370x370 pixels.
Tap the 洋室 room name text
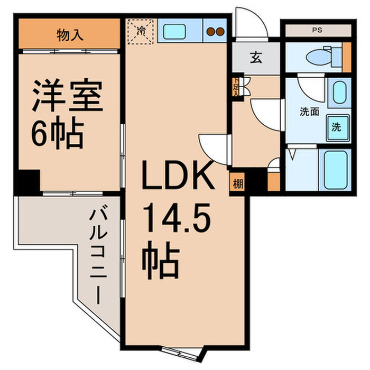(68, 95)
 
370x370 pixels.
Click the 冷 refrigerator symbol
(141, 31)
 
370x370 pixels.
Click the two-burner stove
(215, 31)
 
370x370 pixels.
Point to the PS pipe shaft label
(317, 30)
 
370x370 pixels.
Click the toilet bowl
(319, 55)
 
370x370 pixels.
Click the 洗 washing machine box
(337, 127)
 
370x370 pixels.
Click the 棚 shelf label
(237, 184)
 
